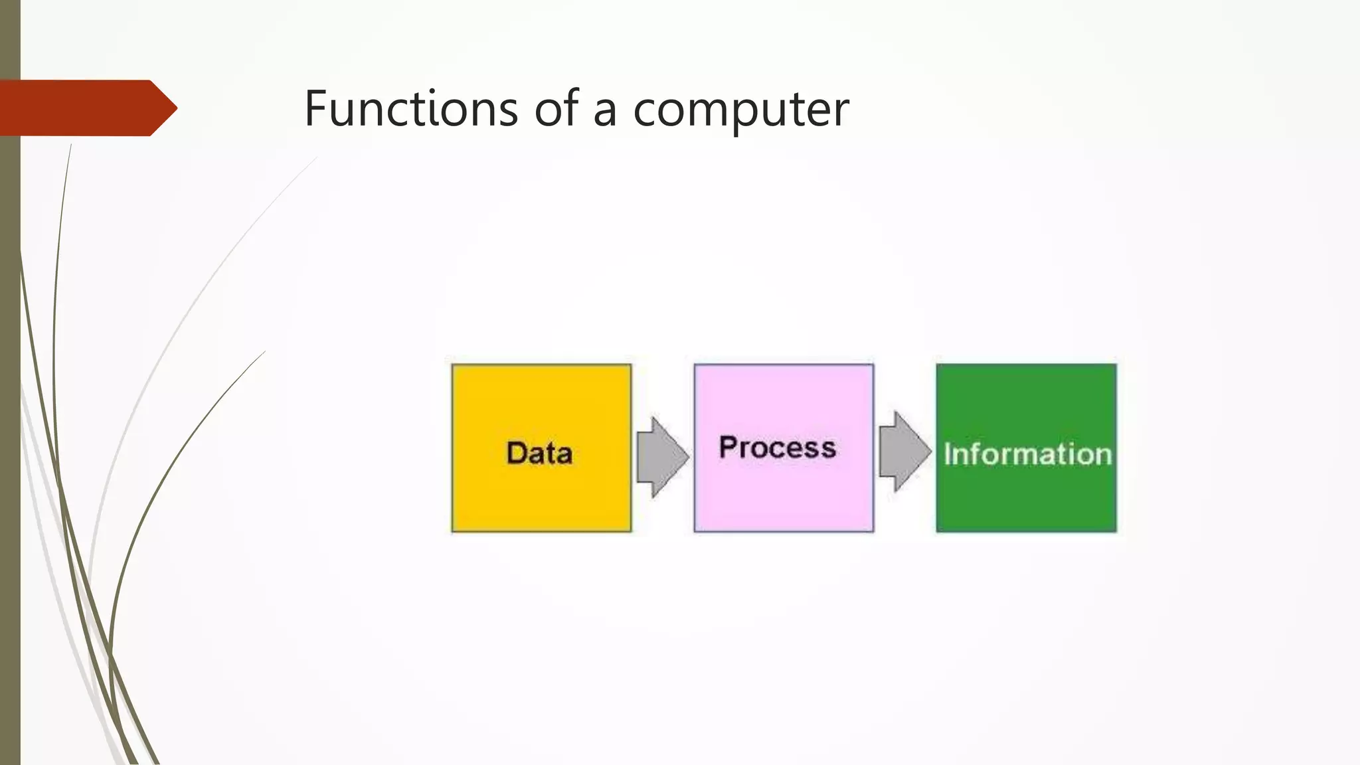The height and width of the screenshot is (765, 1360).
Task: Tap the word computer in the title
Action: click(x=740, y=110)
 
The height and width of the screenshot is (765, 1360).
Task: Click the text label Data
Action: click(x=539, y=454)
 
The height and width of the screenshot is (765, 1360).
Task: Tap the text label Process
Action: click(x=777, y=448)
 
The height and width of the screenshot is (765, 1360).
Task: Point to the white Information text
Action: click(x=1027, y=455)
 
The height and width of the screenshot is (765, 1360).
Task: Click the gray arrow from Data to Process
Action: click(x=661, y=457)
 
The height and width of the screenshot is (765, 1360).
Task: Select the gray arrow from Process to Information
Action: click(x=904, y=452)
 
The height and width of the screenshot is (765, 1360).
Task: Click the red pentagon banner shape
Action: click(x=80, y=108)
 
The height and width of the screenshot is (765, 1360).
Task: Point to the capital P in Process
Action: click(x=728, y=447)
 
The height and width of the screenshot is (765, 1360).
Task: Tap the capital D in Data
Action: click(x=517, y=454)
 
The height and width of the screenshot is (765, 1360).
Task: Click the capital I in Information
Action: click(x=948, y=455)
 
